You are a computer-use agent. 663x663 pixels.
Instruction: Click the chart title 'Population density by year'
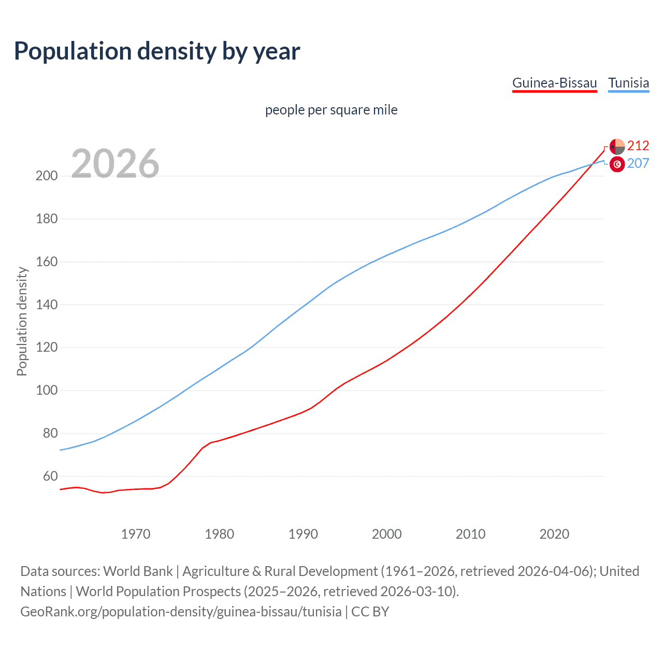click(157, 51)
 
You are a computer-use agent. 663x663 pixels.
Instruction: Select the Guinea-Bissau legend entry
click(554, 83)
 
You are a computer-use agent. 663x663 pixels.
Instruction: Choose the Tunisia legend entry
click(628, 83)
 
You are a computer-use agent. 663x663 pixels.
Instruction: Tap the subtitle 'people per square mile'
click(331, 110)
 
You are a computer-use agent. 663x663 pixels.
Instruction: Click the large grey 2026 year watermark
click(115, 163)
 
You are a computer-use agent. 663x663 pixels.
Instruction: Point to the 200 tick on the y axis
click(47, 176)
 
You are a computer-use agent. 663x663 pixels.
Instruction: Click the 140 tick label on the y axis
click(47, 305)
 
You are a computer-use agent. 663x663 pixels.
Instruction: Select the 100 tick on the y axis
click(47, 390)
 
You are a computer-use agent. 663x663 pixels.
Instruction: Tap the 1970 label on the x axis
click(136, 534)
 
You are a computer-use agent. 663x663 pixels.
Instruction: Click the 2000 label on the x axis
click(387, 534)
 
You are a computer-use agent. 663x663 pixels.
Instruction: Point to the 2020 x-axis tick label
click(554, 534)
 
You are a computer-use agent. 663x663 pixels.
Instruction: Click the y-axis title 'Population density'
click(22, 321)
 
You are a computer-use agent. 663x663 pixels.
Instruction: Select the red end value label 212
click(638, 146)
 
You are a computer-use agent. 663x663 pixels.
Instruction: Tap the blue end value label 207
click(638, 164)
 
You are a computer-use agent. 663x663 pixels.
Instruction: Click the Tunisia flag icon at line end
click(617, 164)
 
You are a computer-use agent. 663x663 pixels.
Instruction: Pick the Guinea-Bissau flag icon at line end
click(617, 147)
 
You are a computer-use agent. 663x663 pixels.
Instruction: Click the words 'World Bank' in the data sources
click(138, 571)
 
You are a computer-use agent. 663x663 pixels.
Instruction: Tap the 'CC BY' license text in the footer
click(370, 612)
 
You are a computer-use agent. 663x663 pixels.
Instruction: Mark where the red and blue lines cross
click(590, 165)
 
